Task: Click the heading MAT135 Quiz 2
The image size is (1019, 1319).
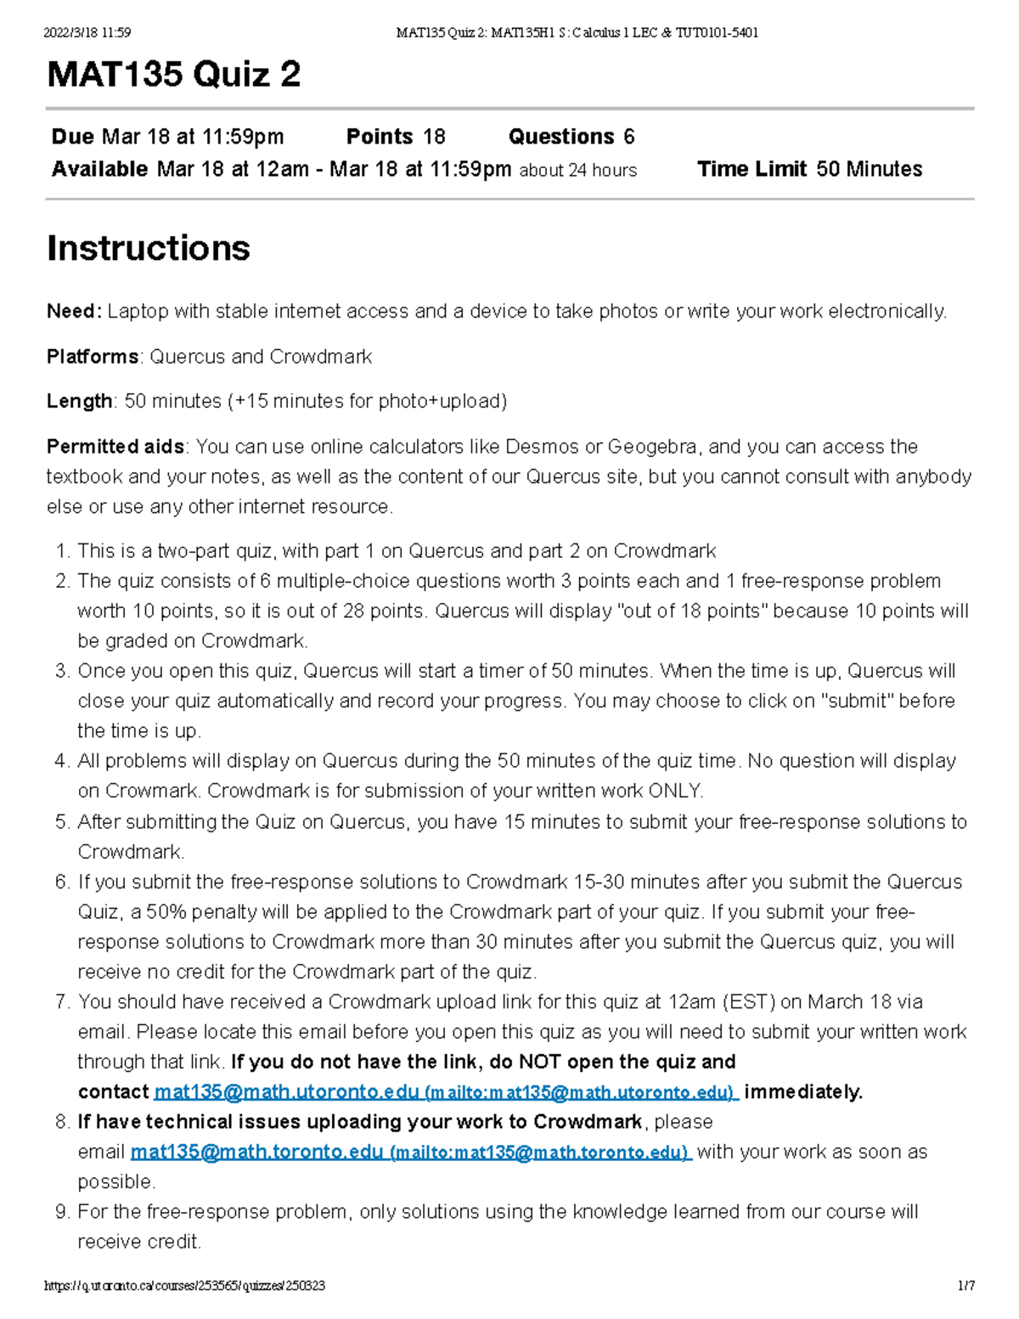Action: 174,75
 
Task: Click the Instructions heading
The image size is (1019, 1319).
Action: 149,248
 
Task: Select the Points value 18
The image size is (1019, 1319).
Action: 434,137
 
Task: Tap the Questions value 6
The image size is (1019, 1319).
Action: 628,137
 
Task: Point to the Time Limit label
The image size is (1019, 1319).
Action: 752,169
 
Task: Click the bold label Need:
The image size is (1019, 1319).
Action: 74,312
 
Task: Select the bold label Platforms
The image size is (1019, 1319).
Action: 93,357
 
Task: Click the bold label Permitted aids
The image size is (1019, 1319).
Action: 115,447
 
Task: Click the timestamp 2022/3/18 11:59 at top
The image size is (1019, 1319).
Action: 87,33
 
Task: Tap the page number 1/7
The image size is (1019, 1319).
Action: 966,1286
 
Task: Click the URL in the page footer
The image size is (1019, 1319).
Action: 185,1286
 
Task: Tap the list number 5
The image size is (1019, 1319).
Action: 62,822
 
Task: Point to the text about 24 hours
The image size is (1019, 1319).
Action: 578,170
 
